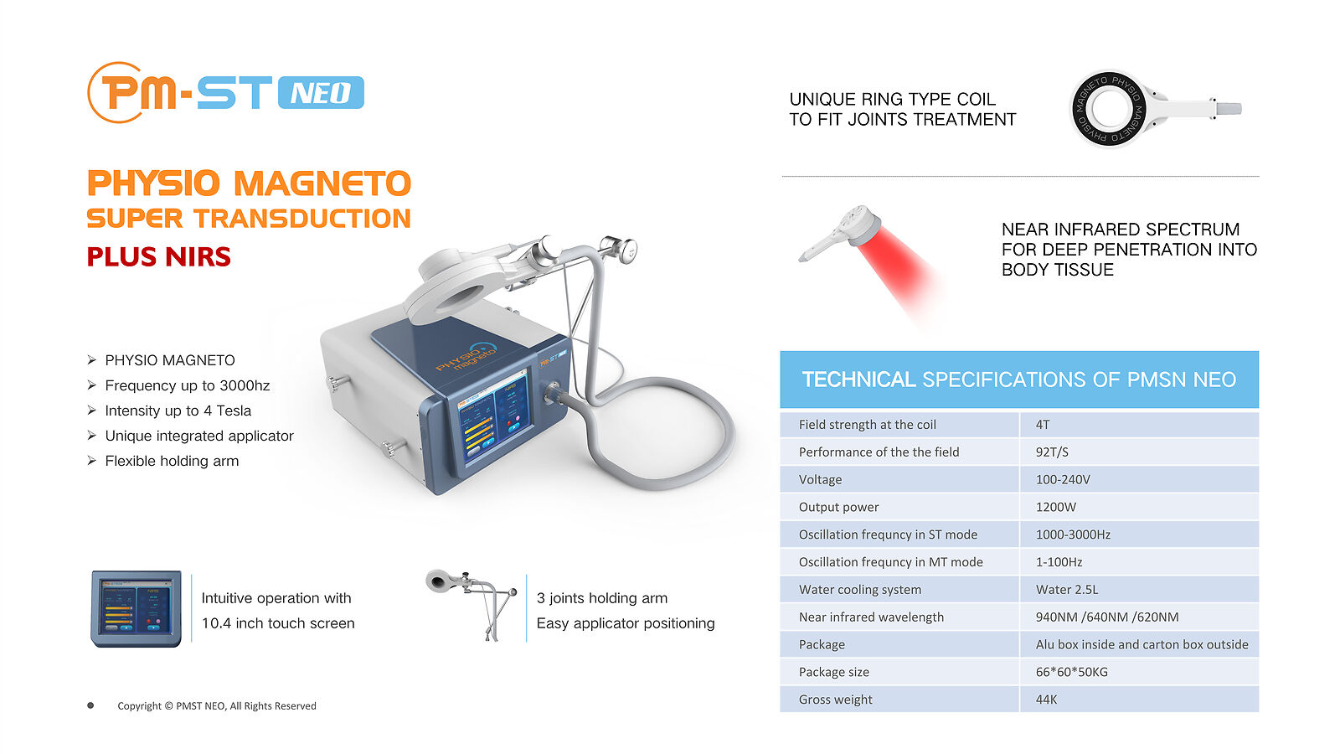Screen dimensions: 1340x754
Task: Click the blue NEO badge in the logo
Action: point(322,93)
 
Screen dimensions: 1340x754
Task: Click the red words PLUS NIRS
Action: point(158,256)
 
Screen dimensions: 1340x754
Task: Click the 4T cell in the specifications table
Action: point(1043,425)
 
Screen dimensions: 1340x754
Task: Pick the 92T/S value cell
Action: point(1052,452)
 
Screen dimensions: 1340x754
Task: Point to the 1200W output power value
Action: point(1056,508)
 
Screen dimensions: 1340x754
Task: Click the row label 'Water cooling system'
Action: point(859,590)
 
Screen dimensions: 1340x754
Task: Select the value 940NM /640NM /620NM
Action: point(1107,617)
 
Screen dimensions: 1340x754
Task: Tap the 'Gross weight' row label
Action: point(835,700)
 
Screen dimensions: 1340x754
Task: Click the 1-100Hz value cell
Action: point(1059,562)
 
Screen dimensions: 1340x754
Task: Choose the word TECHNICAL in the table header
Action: point(858,380)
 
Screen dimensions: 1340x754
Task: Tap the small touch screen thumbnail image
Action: point(136,608)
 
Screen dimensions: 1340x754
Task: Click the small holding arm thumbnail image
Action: point(472,604)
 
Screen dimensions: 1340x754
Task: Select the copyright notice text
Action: point(217,706)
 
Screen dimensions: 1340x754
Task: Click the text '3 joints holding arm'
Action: point(602,598)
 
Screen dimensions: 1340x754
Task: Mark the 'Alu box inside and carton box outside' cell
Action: point(1142,644)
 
